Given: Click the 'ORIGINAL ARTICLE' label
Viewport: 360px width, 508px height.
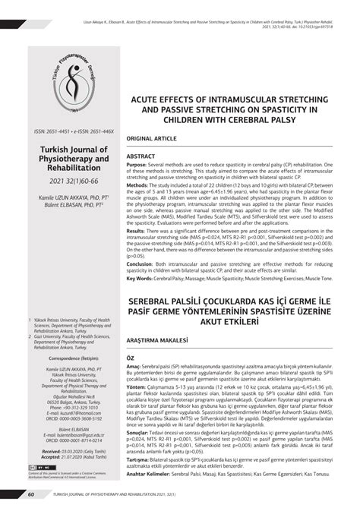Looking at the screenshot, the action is (152, 140).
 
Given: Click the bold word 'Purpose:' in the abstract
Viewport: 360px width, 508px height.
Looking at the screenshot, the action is (137, 164).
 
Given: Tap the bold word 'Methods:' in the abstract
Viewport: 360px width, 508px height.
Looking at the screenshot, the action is (137, 185).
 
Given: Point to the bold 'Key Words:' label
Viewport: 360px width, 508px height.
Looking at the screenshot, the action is (141, 279).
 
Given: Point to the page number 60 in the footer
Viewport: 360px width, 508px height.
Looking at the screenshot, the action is (31, 494).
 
